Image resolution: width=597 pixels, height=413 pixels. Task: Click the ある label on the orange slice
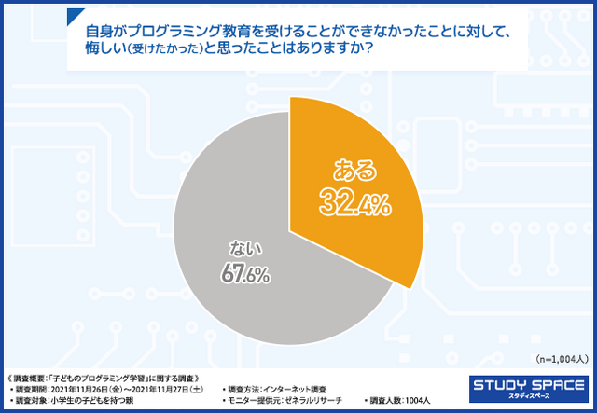pos(355,170)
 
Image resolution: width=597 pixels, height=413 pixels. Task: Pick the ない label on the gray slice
pos(243,250)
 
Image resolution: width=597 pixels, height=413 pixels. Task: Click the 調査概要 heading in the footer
pos(28,377)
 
